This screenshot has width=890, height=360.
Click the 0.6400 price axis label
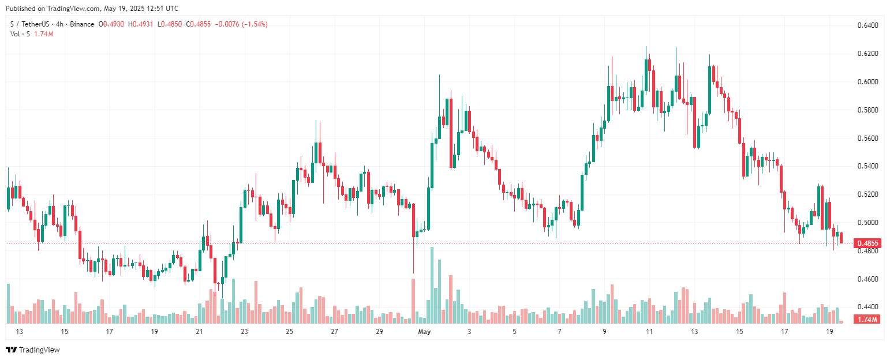pos(867,25)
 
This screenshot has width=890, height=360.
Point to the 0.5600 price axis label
pos(867,138)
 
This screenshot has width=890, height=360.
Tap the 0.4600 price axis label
pos(867,279)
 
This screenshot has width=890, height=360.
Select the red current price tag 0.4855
pos(867,243)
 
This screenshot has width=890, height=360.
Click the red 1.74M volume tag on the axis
pos(867,320)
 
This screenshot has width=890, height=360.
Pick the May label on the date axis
pos(425,332)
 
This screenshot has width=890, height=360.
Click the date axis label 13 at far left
pos(19,332)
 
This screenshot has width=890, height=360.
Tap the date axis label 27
pos(334,332)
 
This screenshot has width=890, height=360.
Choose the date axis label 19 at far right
pos(829,332)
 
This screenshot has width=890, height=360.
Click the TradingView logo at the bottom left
pos(33,350)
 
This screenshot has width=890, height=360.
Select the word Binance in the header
pos(81,24)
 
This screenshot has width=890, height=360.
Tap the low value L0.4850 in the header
pos(172,24)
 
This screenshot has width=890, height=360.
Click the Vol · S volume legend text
pos(20,34)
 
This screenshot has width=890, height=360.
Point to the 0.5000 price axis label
pos(867,223)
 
